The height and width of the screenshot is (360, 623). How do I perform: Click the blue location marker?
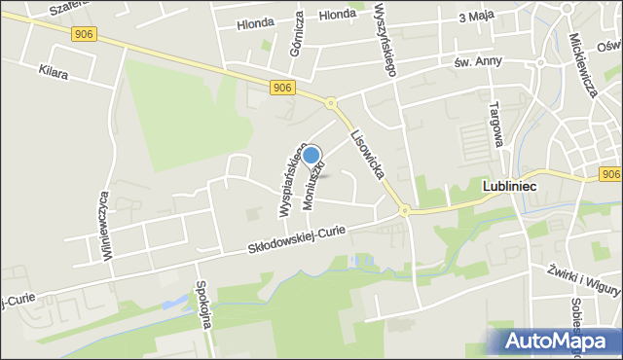point(311,156)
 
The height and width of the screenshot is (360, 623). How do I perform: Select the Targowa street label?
point(495,124)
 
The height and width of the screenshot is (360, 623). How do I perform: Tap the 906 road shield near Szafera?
point(83,34)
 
